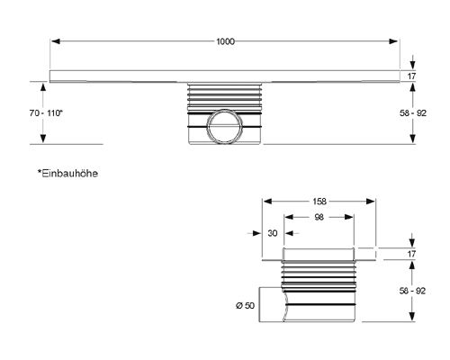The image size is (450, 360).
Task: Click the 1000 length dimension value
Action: pyautogui.click(x=225, y=41)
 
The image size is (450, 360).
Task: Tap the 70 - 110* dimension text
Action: pyautogui.click(x=46, y=113)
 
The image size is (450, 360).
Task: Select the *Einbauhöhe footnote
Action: pyautogui.click(x=67, y=174)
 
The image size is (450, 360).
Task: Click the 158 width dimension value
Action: pyautogui.click(x=319, y=202)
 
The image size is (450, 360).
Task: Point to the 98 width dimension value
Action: pyautogui.click(x=319, y=217)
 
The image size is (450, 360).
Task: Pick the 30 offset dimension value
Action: pyautogui.click(x=273, y=233)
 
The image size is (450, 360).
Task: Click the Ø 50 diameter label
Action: pyautogui.click(x=245, y=305)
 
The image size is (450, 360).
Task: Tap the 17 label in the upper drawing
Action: pyautogui.click(x=411, y=76)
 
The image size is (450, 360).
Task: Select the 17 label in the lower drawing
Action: pyautogui.click(x=411, y=254)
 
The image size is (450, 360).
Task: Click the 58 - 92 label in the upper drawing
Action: pyautogui.click(x=413, y=113)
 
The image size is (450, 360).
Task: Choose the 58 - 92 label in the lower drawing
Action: pyautogui.click(x=412, y=291)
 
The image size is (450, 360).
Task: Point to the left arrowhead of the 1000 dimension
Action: pyautogui.click(x=56, y=41)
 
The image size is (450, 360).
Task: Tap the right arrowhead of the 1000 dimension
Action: pyautogui.click(x=393, y=41)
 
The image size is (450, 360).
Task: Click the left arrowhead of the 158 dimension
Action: pyautogui.click(x=267, y=202)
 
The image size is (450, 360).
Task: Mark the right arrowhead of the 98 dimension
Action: pyautogui.click(x=349, y=217)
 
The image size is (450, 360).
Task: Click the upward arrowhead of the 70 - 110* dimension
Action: pyautogui.click(x=43, y=87)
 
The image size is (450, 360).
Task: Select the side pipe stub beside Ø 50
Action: pyautogui.click(x=272, y=304)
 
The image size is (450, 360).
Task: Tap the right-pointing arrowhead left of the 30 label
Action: pyautogui.click(x=256, y=233)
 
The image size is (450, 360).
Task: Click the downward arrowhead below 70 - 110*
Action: pyautogui.click(x=43, y=139)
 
